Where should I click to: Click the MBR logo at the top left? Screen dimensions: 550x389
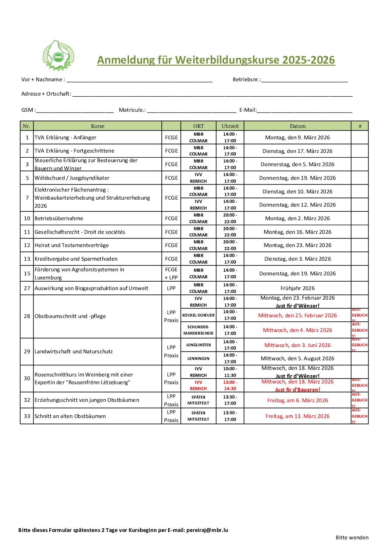tap(58, 56)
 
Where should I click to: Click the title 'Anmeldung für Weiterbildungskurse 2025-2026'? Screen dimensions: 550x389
tap(216, 60)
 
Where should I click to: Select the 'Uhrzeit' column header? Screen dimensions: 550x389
tap(230, 126)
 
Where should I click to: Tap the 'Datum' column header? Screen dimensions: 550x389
tap(297, 126)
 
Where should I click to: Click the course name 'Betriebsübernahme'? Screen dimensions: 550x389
tap(59, 218)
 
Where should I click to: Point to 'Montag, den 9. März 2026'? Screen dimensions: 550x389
tap(297, 137)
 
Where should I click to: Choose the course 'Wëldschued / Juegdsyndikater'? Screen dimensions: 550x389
tap(72, 178)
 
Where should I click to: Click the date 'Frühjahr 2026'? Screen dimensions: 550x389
tap(297, 288)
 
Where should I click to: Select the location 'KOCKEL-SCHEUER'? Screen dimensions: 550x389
tap(199, 315)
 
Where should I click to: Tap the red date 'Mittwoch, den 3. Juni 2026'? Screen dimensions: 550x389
tap(297, 345)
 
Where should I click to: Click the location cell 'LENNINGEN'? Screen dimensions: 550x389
tap(199, 358)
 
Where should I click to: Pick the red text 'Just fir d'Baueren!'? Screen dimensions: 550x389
tap(297, 390)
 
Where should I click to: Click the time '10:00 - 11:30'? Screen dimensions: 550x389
tap(230, 372)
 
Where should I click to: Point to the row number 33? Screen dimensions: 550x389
tap(27, 416)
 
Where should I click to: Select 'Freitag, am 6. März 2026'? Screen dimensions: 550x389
tap(297, 400)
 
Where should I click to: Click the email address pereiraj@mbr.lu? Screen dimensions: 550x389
tap(207, 530)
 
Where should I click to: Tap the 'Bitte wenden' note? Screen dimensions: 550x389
tap(352, 537)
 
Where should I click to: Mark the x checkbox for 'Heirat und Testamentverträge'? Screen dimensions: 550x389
tap(360, 245)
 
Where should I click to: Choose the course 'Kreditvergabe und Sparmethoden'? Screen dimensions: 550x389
tap(76, 259)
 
